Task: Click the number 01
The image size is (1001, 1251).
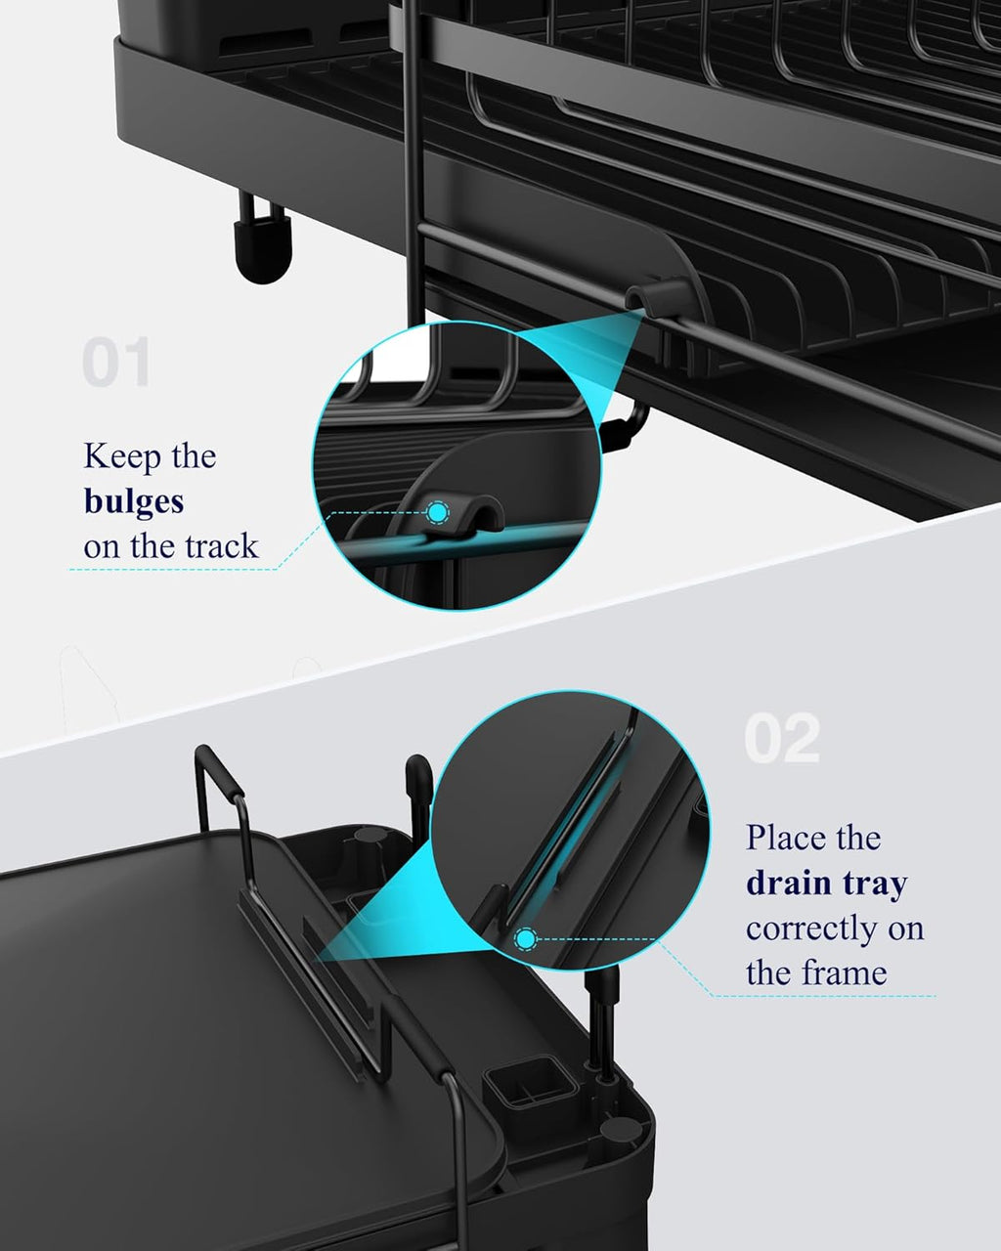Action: click(x=116, y=363)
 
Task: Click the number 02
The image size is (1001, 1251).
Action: click(x=781, y=739)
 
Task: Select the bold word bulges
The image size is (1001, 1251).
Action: click(x=134, y=501)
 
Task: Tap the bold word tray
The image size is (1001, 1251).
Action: click(x=872, y=884)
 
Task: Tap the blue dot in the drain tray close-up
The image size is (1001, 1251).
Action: click(x=526, y=940)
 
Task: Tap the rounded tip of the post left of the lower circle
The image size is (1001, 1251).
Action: click(x=418, y=772)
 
